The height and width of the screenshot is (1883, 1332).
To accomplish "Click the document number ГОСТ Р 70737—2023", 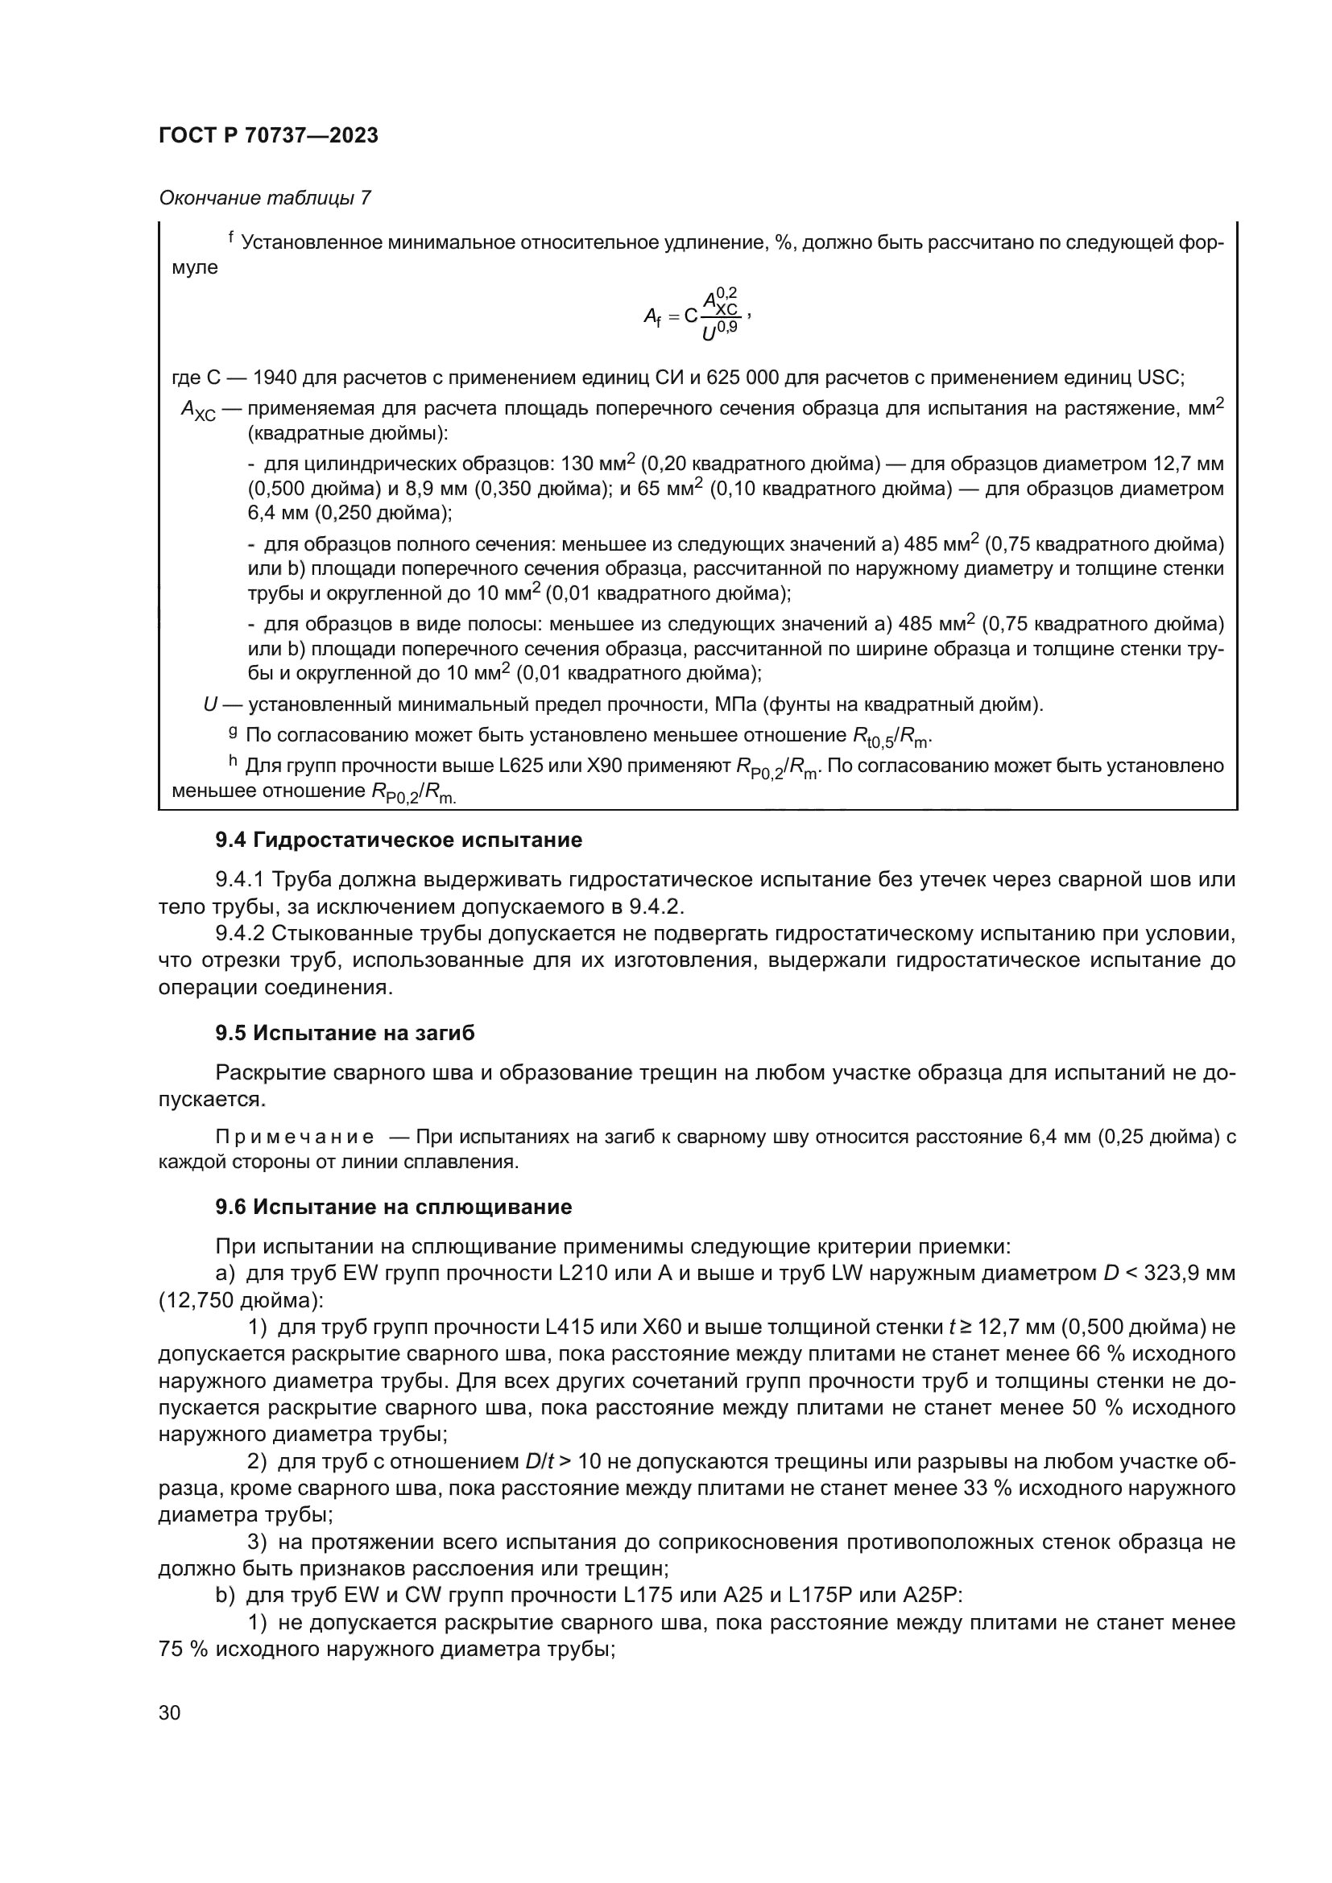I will coord(268,136).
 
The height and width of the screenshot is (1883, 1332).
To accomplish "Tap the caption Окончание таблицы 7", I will coord(264,198).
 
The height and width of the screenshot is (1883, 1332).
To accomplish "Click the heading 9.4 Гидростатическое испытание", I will coord(399,840).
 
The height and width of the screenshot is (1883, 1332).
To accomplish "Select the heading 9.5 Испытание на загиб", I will coord(345,1034).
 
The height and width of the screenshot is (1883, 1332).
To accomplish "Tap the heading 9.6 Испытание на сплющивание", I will coord(393,1208).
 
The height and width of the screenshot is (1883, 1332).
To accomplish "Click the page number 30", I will coord(170,1712).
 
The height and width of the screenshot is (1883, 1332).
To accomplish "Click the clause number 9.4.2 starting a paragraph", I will coord(239,933).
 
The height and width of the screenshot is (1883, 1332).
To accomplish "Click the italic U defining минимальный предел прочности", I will coord(210,704).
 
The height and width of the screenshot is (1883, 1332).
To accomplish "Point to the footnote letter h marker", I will coord(232,762).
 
